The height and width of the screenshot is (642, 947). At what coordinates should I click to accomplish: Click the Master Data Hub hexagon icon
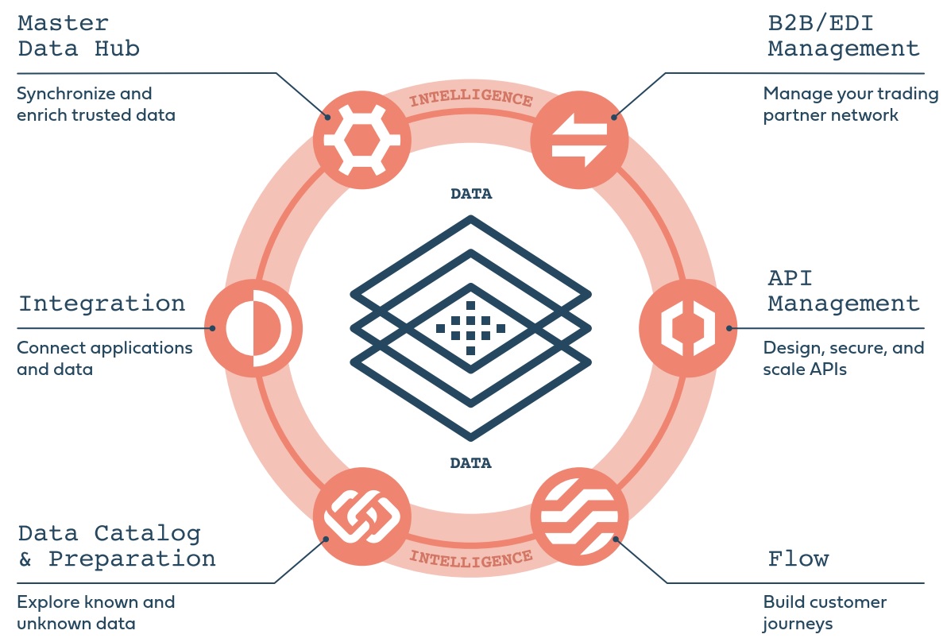point(361,138)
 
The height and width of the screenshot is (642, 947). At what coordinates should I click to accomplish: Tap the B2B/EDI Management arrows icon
point(579,138)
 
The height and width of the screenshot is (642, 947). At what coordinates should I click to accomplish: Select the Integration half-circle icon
point(253,327)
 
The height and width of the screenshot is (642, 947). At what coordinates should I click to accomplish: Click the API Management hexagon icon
point(688,327)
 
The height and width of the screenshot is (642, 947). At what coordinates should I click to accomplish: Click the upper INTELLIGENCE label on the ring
point(471,100)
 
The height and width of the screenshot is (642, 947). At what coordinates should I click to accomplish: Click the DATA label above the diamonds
point(471,194)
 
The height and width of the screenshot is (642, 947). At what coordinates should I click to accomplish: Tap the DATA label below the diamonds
point(471,462)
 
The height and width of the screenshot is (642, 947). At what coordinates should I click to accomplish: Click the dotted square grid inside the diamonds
point(471,327)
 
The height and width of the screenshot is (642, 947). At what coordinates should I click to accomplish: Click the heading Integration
point(102,304)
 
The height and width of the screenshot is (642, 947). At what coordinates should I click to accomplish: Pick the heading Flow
point(798,559)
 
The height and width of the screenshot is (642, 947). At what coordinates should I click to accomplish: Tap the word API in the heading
point(790,278)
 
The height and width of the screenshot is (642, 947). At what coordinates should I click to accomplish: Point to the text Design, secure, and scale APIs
point(844,358)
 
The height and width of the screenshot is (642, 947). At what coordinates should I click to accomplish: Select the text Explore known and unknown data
point(95,613)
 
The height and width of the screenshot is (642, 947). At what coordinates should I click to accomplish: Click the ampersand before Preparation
point(25,559)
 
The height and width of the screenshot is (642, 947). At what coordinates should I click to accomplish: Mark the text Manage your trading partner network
point(851,104)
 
